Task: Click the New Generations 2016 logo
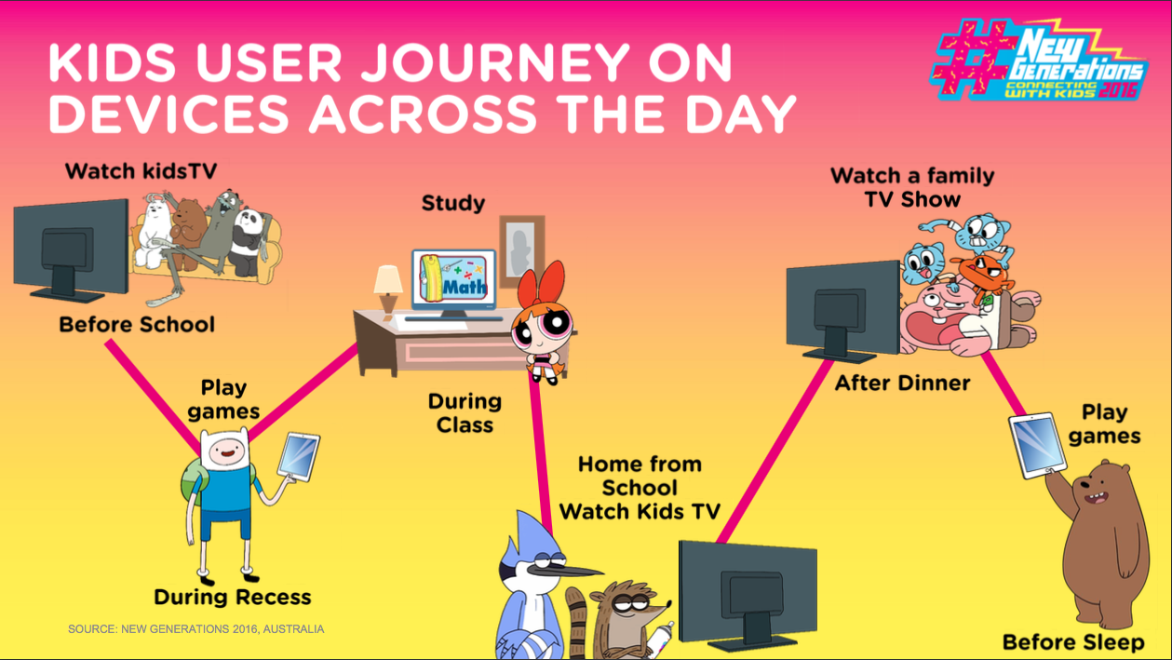pyautogui.click(x=1039, y=60)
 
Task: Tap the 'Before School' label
pyautogui.click(x=137, y=325)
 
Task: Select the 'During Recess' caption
pyautogui.click(x=233, y=598)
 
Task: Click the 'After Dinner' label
pyautogui.click(x=903, y=384)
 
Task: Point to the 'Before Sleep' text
pyautogui.click(x=1073, y=642)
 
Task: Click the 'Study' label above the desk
pyautogui.click(x=453, y=203)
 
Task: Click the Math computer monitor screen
pyautogui.click(x=453, y=280)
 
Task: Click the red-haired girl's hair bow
pyautogui.click(x=543, y=285)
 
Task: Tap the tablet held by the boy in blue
pyautogui.click(x=299, y=456)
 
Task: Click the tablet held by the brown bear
pyautogui.click(x=1037, y=445)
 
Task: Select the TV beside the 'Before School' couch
pyautogui.click(x=71, y=250)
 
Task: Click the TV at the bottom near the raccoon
pyautogui.click(x=748, y=596)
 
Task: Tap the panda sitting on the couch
pyautogui.click(x=249, y=242)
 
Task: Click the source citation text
pyautogui.click(x=195, y=629)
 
